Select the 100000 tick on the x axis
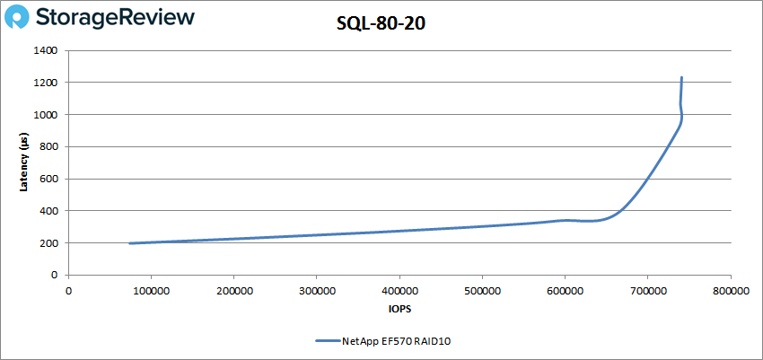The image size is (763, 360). point(151,290)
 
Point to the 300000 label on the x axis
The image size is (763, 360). point(316,290)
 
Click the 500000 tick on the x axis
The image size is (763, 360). point(482,290)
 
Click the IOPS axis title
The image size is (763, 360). point(399,309)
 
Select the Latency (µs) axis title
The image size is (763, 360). point(25,162)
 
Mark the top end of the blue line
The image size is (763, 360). point(681,78)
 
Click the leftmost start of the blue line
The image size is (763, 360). point(130,243)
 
